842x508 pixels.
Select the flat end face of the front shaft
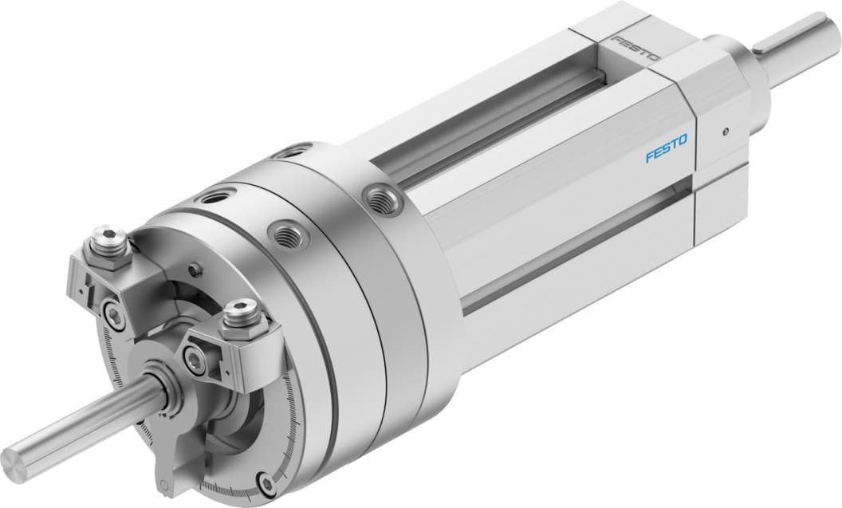(14, 459)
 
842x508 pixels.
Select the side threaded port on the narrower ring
(284, 234)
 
